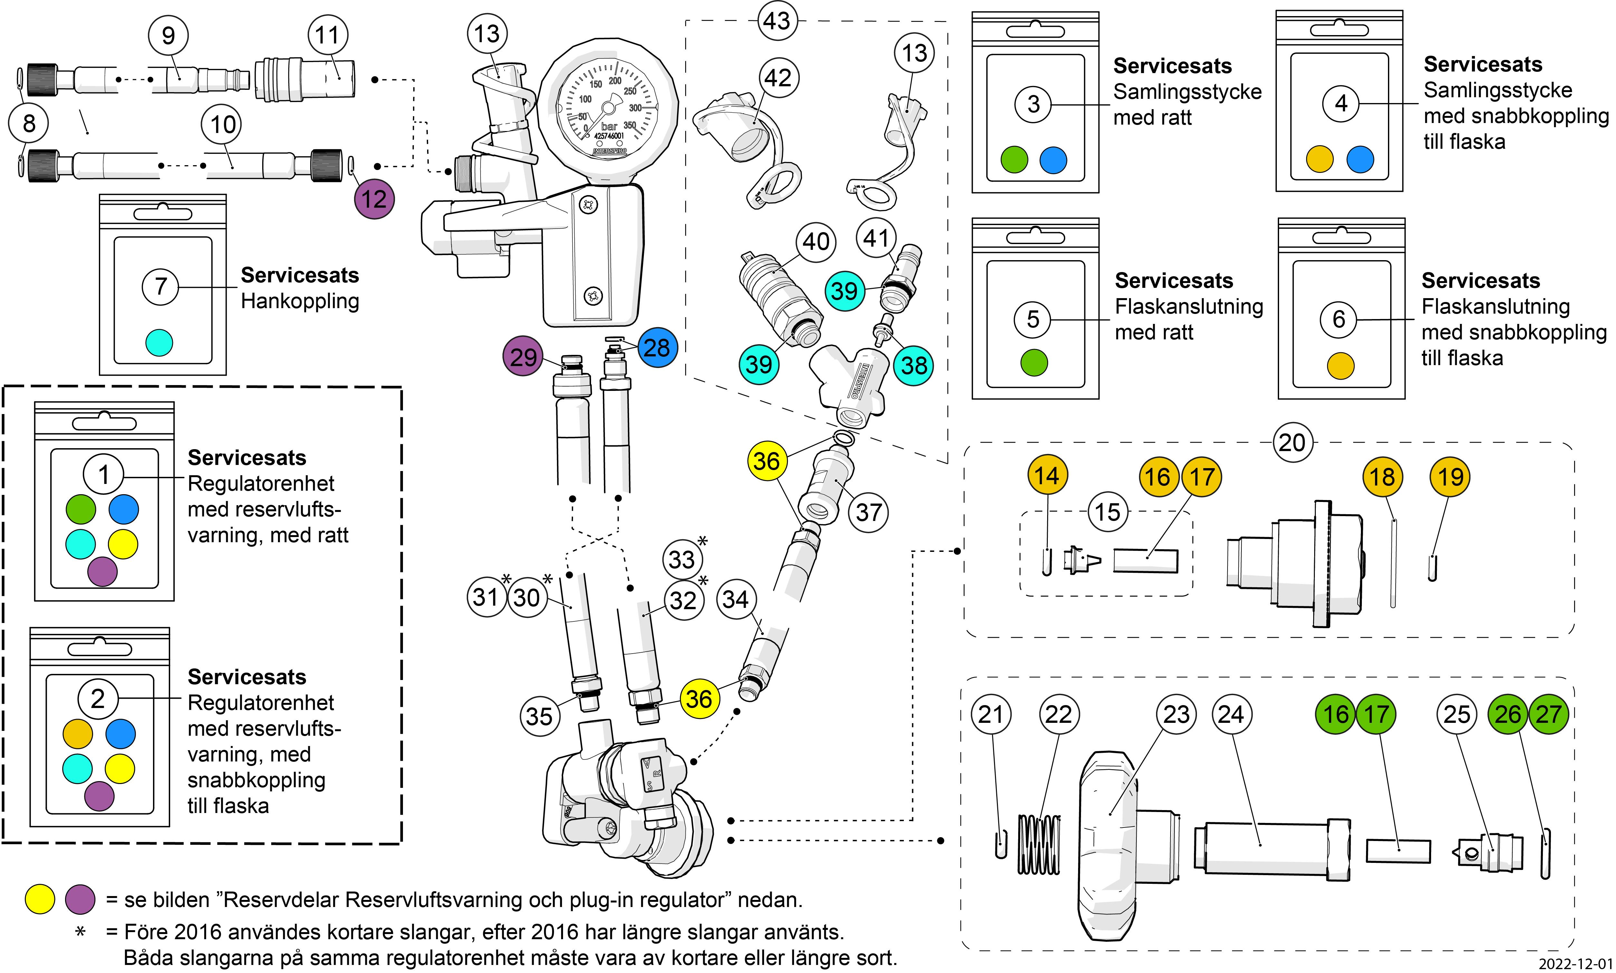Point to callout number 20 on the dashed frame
pyautogui.click(x=1292, y=443)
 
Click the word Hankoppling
pyautogui.click(x=300, y=302)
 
